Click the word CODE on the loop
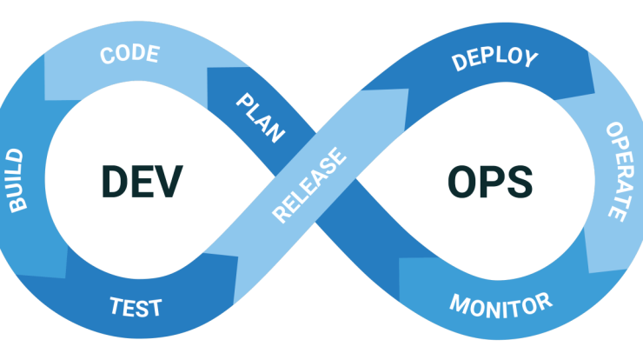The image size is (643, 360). (129, 55)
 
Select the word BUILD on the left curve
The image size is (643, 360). (17, 181)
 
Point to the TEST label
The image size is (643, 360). (136, 306)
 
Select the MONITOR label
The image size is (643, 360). (500, 303)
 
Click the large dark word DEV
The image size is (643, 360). (142, 179)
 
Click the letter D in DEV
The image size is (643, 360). (114, 179)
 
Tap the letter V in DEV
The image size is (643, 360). (169, 179)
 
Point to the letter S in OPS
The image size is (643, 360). (519, 180)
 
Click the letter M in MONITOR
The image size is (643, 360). (459, 307)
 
